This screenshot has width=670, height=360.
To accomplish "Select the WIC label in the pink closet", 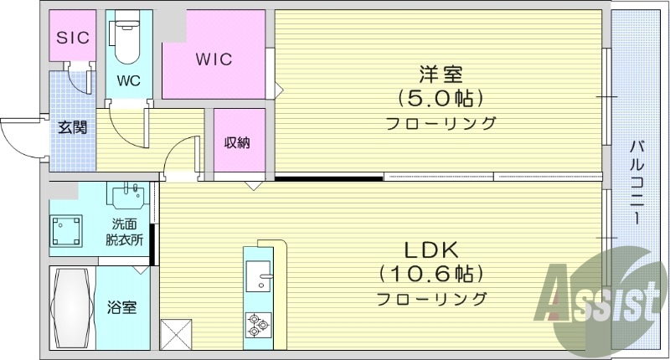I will point(214,59).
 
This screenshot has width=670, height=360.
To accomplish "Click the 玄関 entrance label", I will point(72,127).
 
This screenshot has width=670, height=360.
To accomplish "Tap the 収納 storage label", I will point(236,142).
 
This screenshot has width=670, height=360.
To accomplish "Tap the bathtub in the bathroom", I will point(70,306).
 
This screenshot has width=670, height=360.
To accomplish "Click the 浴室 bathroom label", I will point(122,307).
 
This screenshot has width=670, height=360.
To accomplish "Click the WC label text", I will point(128,82).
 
